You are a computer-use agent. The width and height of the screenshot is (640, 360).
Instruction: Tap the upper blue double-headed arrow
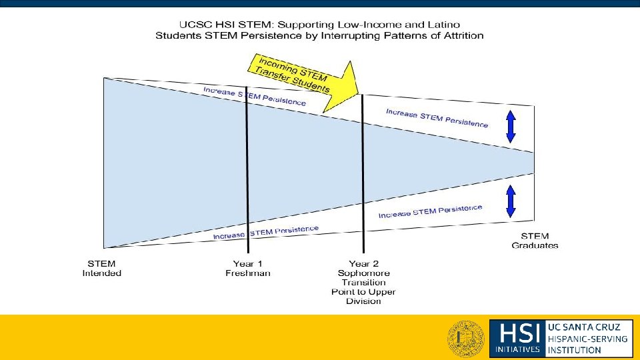511,127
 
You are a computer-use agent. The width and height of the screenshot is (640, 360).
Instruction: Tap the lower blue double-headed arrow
511,201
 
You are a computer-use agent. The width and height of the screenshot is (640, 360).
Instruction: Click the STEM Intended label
102,268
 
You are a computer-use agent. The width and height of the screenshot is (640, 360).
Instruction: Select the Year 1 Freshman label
247,268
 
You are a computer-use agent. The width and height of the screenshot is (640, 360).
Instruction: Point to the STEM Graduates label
535,241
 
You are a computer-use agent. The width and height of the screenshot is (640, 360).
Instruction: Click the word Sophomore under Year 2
363,273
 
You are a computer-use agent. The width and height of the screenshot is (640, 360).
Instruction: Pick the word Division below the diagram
363,301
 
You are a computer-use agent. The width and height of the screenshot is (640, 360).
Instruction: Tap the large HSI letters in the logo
515,332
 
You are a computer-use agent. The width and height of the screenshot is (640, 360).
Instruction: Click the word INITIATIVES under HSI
517,349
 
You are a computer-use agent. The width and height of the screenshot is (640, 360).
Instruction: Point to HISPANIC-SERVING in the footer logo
587,338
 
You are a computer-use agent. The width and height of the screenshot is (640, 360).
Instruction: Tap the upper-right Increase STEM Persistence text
437,118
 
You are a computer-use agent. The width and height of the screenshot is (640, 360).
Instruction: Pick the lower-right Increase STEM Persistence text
430,211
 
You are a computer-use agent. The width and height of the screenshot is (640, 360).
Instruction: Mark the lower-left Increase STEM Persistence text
265,233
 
